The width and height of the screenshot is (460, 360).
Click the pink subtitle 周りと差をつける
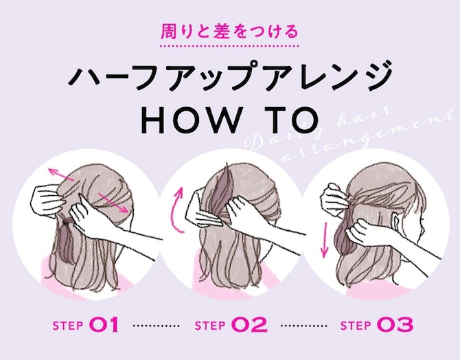(x=229, y=32)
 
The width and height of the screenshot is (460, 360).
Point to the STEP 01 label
(x=86, y=324)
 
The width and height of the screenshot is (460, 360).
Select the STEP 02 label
(x=231, y=324)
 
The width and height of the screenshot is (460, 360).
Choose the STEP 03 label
(x=377, y=324)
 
